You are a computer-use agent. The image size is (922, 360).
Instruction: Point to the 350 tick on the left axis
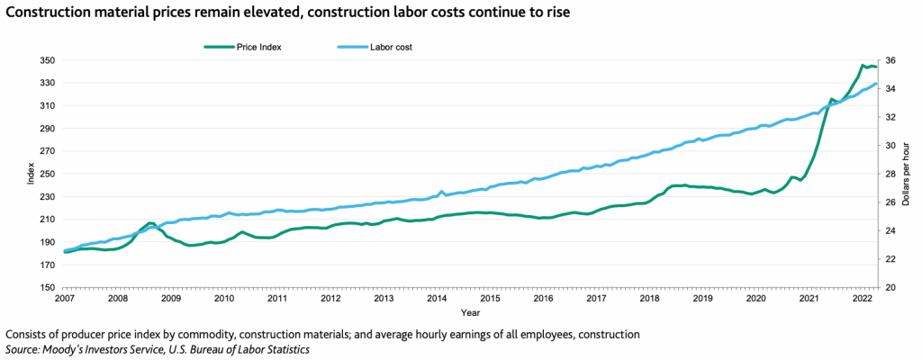[48, 60]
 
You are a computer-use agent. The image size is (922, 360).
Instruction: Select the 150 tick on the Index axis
[48, 288]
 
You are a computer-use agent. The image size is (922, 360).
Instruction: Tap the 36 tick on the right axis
[890, 60]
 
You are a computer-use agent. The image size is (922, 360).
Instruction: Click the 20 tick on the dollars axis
[890, 288]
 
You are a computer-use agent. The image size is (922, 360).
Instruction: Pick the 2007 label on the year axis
[65, 298]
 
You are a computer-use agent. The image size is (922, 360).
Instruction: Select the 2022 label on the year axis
[863, 298]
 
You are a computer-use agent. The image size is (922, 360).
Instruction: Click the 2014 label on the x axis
[437, 298]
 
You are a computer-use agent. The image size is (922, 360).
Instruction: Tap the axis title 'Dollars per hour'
[908, 175]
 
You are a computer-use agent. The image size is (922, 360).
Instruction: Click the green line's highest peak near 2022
[863, 65]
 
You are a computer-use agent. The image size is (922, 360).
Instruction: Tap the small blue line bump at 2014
[441, 192]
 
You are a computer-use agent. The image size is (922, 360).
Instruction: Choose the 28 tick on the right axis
[890, 175]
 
